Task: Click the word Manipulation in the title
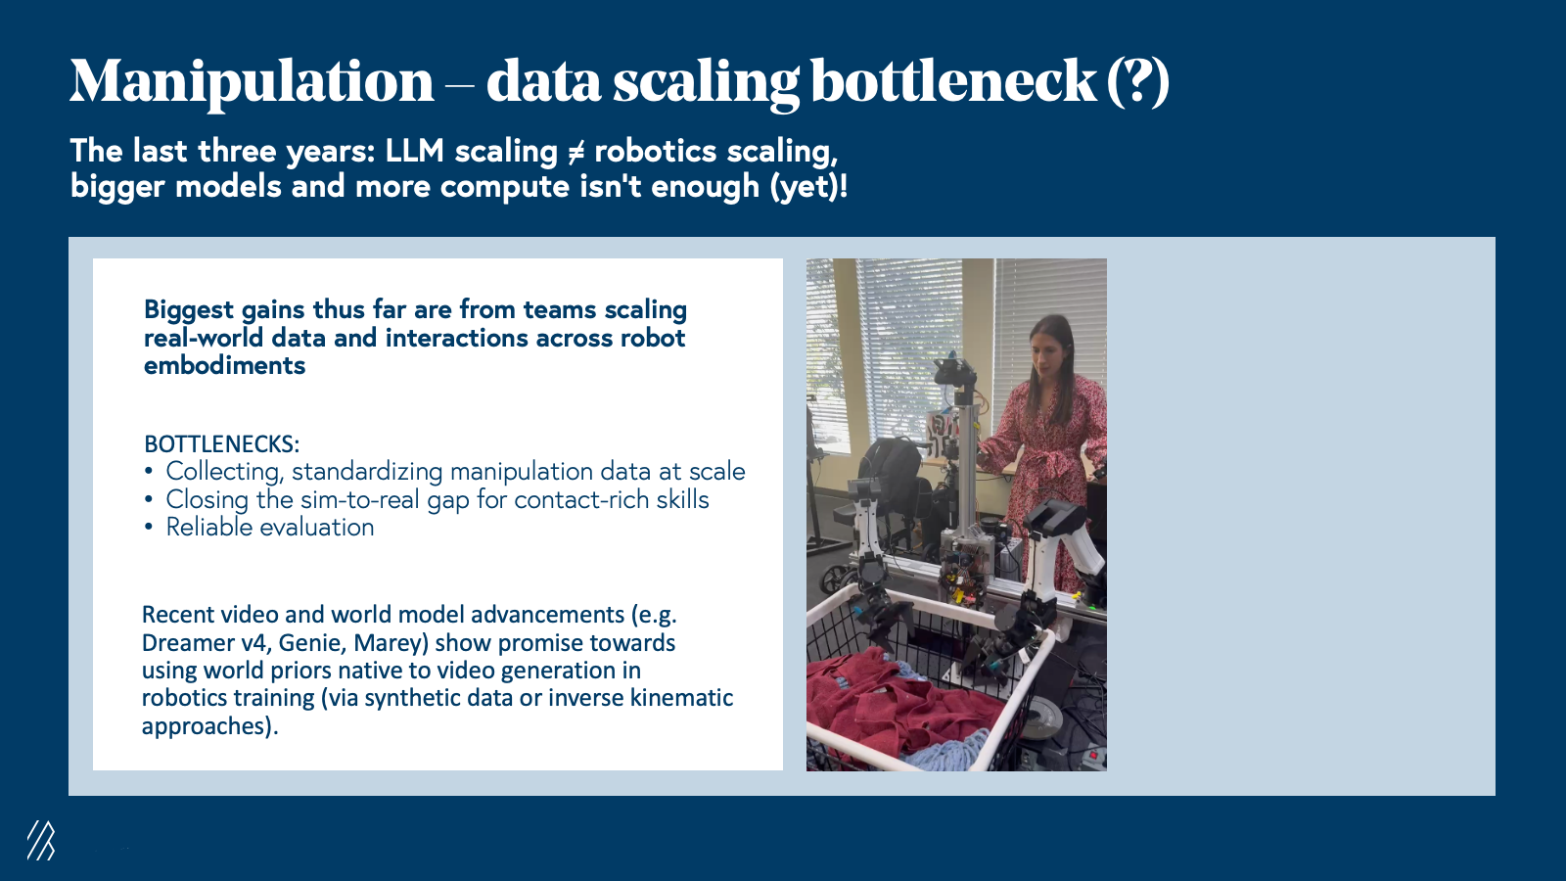[252, 82]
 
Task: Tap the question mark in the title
[1138, 81]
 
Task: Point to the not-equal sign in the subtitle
[576, 152]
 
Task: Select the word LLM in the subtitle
[415, 151]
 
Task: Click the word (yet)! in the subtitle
[808, 187]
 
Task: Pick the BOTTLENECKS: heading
[221, 444]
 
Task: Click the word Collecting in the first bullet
[224, 472]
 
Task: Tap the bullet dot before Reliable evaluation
[148, 528]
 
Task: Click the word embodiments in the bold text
[224, 366]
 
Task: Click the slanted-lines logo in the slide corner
[40, 840]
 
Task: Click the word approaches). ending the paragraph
[209, 726]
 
